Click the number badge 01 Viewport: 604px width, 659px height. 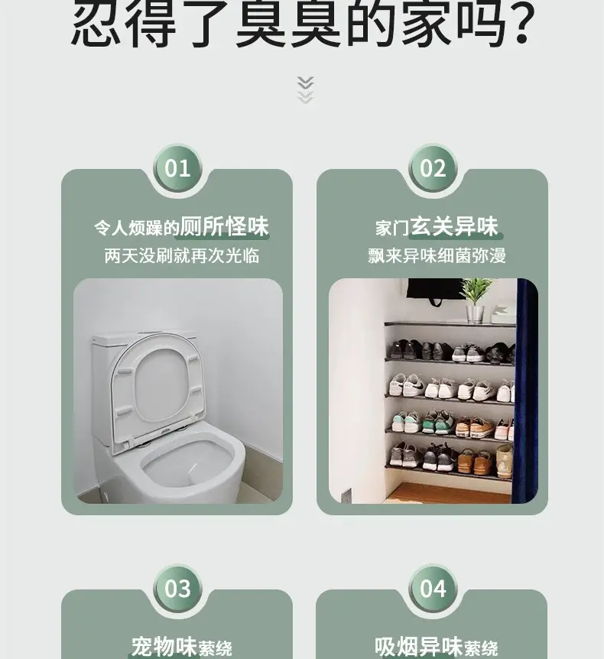click(177, 168)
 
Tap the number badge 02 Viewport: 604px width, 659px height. click(433, 168)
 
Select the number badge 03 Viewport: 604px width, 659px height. click(177, 589)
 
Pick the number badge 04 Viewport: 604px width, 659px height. click(433, 589)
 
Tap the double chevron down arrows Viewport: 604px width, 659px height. click(305, 89)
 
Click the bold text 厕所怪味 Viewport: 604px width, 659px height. click(224, 226)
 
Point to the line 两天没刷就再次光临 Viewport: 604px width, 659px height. click(181, 255)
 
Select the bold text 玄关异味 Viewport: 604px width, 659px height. click(454, 226)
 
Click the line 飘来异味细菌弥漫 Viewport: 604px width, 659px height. click(437, 255)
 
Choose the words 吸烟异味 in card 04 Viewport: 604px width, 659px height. click(418, 647)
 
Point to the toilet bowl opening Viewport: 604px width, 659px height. click(187, 463)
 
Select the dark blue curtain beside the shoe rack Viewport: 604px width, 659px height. click(524, 391)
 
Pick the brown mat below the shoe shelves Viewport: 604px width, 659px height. click(448, 493)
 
